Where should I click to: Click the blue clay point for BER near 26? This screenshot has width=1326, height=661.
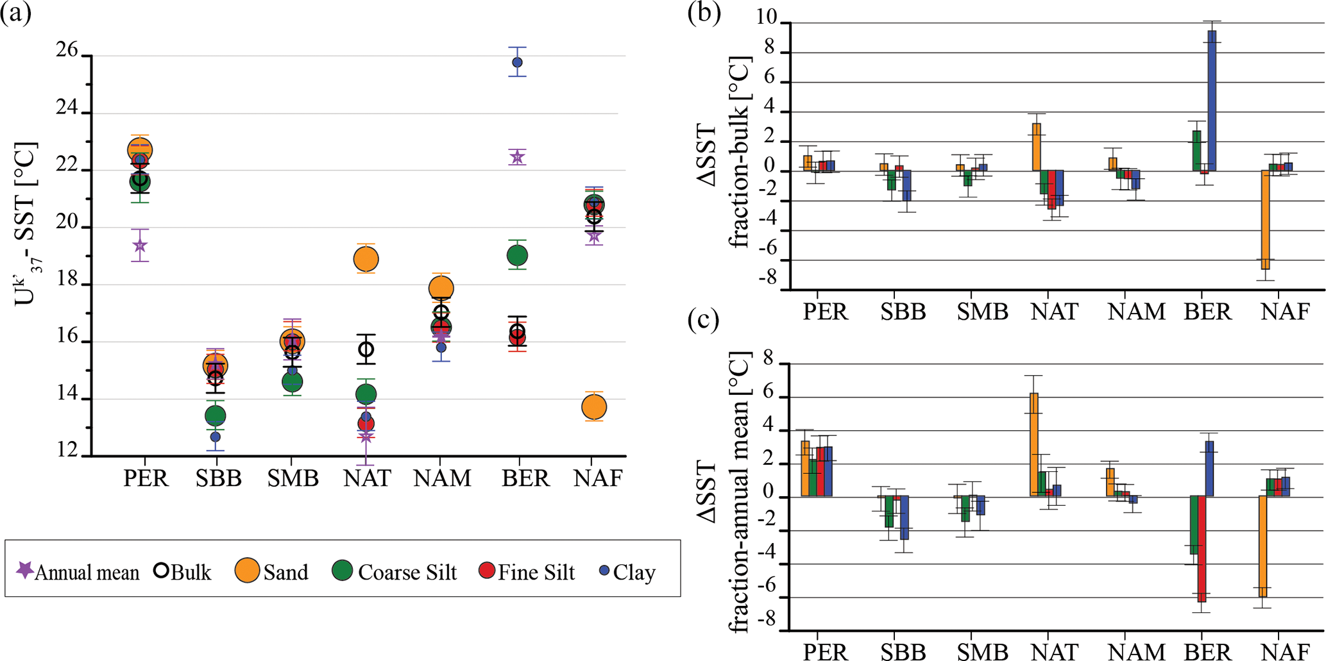[517, 62]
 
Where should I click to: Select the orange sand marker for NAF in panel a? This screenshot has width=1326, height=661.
[594, 406]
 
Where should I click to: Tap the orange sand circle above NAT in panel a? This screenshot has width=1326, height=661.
[366, 259]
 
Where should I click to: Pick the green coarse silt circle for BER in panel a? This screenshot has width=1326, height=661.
[517, 256]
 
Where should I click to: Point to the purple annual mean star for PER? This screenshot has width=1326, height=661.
[140, 246]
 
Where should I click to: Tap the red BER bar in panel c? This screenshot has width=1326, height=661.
[1202, 548]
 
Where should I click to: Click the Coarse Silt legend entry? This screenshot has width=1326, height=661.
[394, 571]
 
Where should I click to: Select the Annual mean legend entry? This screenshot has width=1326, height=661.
[77, 571]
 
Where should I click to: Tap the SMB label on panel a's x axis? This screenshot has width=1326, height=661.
[293, 478]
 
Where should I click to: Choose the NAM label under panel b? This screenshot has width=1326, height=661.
[1136, 312]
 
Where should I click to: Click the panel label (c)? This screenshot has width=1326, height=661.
[704, 319]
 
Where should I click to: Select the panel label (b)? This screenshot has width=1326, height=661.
[704, 13]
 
